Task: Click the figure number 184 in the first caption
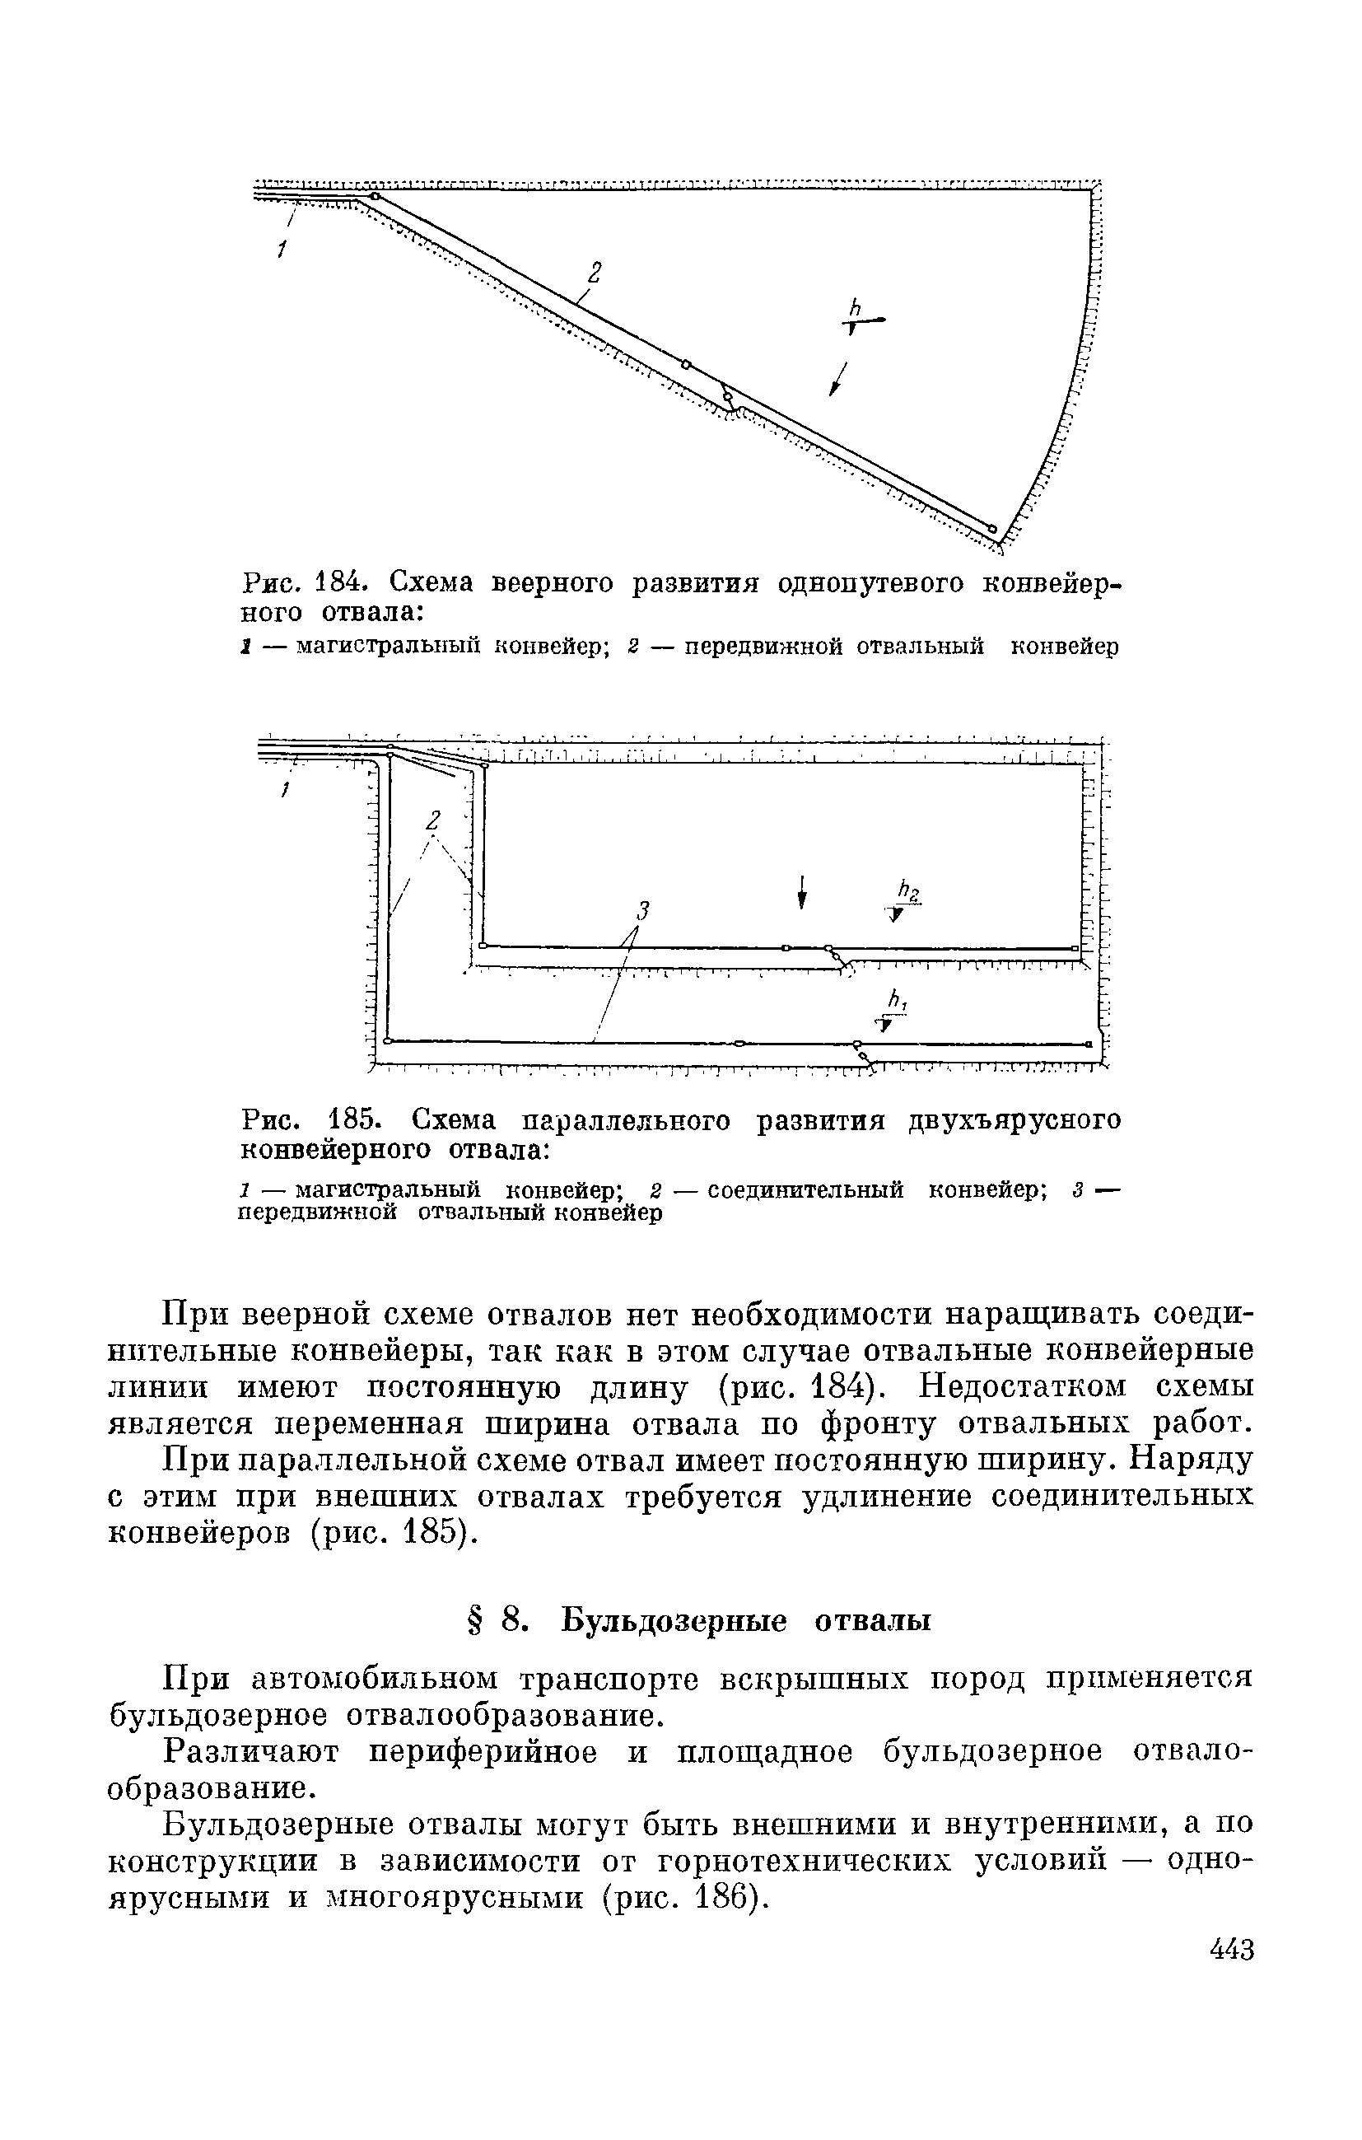[x=337, y=583]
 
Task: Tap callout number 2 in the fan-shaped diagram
[x=595, y=271]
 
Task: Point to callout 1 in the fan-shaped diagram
[x=281, y=250]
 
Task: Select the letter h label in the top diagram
[x=856, y=306]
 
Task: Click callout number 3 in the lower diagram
[x=643, y=909]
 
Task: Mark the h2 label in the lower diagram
[x=907, y=890]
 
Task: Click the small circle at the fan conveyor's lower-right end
[x=992, y=526]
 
